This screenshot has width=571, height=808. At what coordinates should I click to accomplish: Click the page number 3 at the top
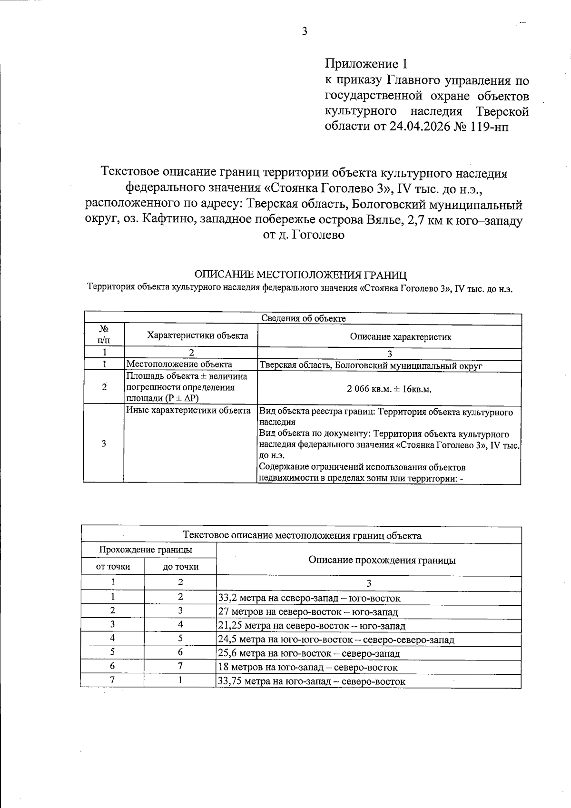[305, 31]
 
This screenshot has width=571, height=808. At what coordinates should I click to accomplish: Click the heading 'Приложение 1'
[366, 64]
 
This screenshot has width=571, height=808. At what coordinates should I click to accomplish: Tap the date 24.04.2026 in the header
[421, 127]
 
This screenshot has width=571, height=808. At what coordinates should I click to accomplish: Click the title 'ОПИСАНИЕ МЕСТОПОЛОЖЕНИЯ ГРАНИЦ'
[301, 275]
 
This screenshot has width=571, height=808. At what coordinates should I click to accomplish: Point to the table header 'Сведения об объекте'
[303, 318]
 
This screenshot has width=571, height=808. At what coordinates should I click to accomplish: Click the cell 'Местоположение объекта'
[179, 365]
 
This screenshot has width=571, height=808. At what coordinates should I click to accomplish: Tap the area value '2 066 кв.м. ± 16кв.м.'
[389, 389]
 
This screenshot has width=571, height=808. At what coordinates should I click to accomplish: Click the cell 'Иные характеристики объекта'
[188, 411]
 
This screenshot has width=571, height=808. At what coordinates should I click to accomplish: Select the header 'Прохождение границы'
[146, 550]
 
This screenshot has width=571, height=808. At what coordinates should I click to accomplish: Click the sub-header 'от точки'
[113, 566]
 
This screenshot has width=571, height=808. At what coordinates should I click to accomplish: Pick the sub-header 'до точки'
[180, 566]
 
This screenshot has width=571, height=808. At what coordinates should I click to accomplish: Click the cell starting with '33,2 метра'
[309, 598]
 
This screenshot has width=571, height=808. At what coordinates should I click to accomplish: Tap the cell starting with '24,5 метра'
[335, 640]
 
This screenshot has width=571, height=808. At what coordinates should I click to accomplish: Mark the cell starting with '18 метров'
[307, 667]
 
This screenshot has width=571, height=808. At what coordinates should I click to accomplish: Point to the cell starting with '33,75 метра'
[311, 681]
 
